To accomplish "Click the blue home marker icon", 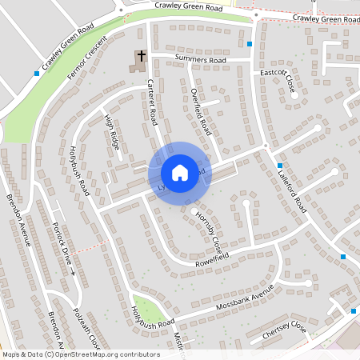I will (x=179, y=173).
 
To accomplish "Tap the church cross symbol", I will (x=141, y=57).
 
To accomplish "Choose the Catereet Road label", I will (x=151, y=105).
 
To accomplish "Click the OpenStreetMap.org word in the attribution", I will (x=90, y=354).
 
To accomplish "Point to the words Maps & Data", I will (x=22, y=354).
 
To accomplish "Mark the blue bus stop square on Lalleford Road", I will (x=280, y=165).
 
